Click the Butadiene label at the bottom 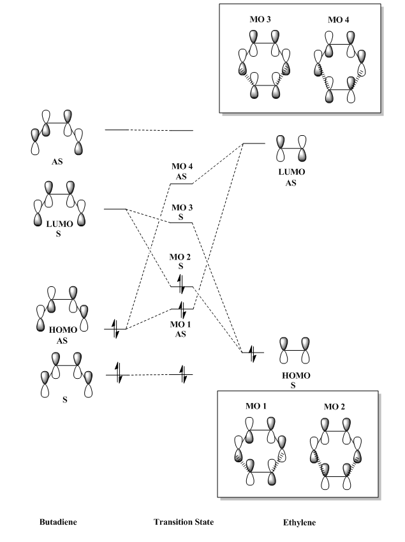pos(59,522)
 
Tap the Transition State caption pos(183,522)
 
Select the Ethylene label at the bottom pos(299,522)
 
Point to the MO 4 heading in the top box pos(338,20)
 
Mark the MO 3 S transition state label pos(182,212)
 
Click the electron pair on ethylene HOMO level pos(253,353)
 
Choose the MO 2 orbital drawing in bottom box pos(335,453)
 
